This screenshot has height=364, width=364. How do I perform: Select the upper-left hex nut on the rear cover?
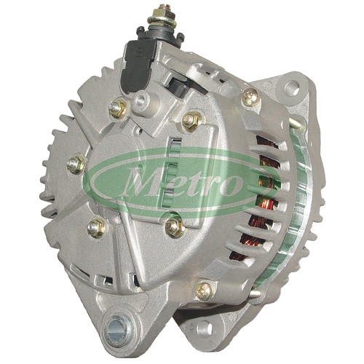tap(118, 108)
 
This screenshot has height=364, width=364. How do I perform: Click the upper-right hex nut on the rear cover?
tap(191, 120)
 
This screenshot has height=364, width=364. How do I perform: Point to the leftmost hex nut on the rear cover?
tap(76, 165)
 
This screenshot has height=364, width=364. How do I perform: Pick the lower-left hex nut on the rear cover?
tap(96, 227)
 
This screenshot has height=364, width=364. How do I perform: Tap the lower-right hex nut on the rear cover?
tap(174, 226)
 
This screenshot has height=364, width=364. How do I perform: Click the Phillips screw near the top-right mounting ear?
tap(250, 98)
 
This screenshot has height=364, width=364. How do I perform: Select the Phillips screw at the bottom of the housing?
tap(205, 290)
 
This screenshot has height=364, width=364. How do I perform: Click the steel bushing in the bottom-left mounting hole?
tap(117, 330)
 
